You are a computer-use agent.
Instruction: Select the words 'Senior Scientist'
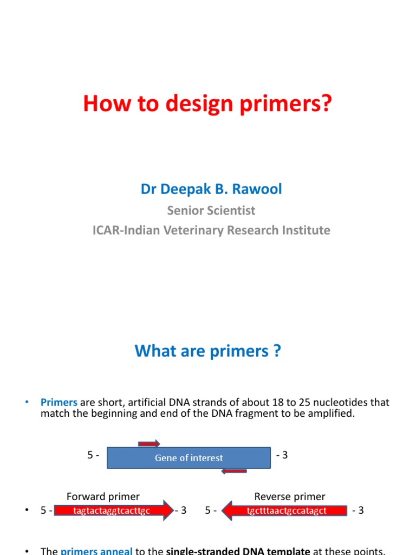coord(211,210)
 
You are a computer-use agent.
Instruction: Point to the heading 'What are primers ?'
coord(208,351)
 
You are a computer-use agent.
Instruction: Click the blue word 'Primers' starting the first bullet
coord(59,403)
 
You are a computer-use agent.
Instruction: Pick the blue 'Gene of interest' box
coord(188,458)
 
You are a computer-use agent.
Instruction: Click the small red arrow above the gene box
coord(149,443)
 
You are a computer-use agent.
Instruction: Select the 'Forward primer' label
coord(103,496)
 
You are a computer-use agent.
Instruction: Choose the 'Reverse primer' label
coord(290,496)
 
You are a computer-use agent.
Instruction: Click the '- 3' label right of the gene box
coord(282,455)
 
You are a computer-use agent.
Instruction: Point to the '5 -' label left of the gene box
coord(93,455)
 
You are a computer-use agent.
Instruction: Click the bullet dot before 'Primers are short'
coord(26,403)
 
